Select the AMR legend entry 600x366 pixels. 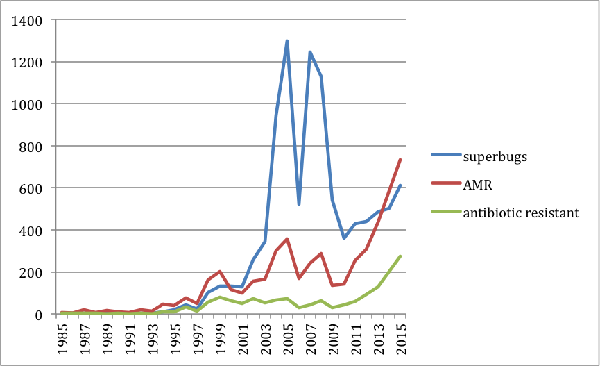pyautogui.click(x=477, y=184)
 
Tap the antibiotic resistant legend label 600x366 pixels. pyautogui.click(x=521, y=213)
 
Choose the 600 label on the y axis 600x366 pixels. pyautogui.click(x=32, y=188)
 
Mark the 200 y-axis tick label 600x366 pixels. pyautogui.click(x=32, y=272)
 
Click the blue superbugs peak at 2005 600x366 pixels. pyautogui.click(x=287, y=41)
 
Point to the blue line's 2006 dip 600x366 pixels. pyautogui.click(x=298, y=204)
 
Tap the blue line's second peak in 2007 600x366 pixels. pyautogui.click(x=310, y=52)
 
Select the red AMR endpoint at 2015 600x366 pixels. pyautogui.click(x=400, y=160)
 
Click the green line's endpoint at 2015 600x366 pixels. pyautogui.click(x=400, y=256)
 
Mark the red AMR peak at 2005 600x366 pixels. pyautogui.click(x=287, y=239)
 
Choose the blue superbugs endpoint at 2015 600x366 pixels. pyautogui.click(x=400, y=185)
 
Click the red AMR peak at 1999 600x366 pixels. pyautogui.click(x=220, y=272)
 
